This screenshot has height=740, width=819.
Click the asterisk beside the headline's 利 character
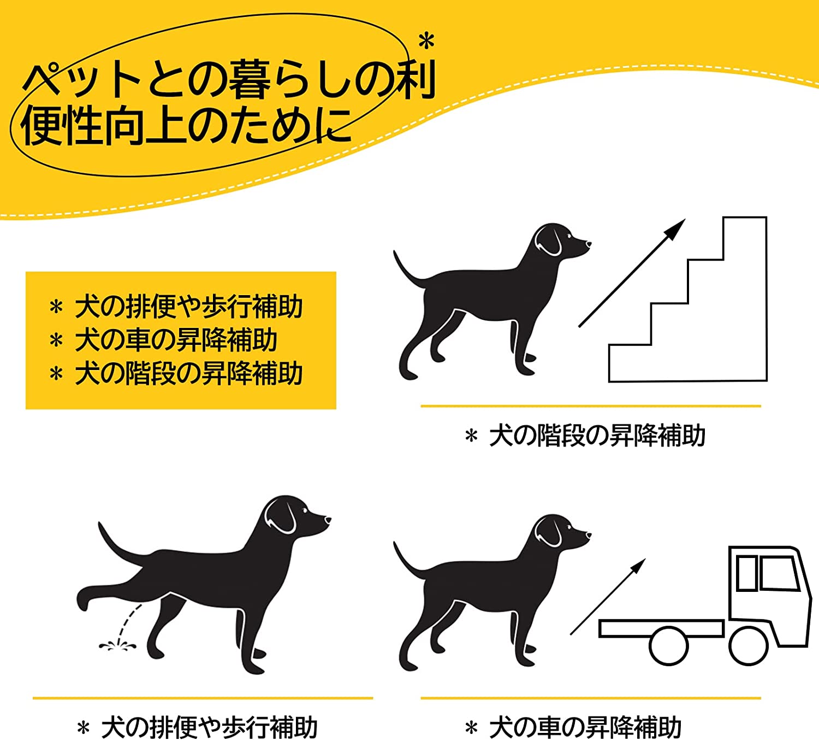click(x=426, y=42)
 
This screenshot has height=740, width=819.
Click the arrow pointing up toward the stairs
click(x=632, y=273)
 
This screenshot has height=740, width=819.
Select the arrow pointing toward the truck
click(x=608, y=596)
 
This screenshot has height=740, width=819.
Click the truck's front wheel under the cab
click(x=748, y=645)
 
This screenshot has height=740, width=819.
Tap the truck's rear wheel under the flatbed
click(x=668, y=646)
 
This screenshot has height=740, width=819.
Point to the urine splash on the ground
click(x=117, y=647)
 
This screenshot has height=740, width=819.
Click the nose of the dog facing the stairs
click(x=588, y=244)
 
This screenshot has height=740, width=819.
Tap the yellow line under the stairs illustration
click(x=591, y=407)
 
